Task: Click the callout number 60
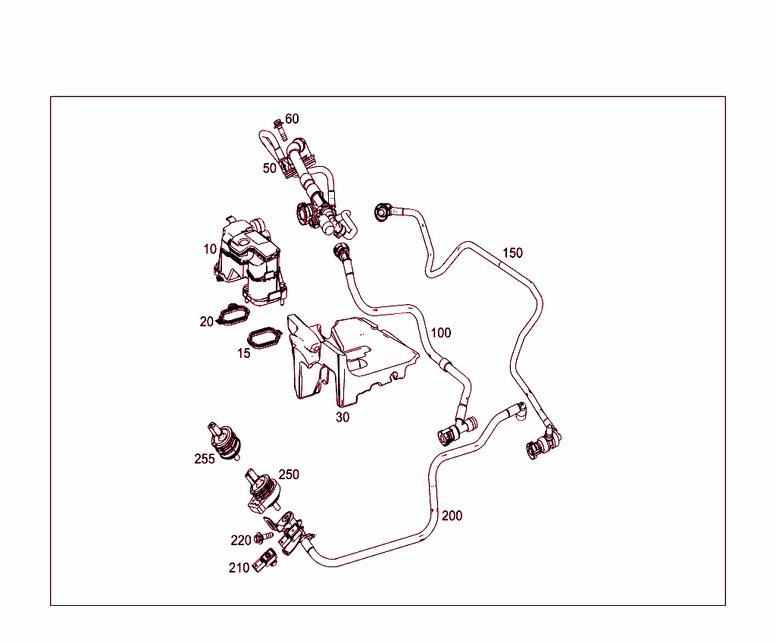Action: click(292, 119)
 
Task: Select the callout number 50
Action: click(270, 168)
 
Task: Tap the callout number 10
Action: click(210, 249)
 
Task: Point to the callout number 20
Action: click(207, 321)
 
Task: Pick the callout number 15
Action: click(243, 353)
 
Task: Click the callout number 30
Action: click(343, 417)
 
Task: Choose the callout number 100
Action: click(440, 333)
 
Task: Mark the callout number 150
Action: click(513, 252)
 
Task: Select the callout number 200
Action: click(452, 516)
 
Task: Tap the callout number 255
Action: click(205, 459)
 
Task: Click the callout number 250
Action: click(289, 475)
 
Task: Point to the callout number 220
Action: click(241, 541)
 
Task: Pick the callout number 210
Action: click(239, 568)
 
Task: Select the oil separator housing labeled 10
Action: click(250, 262)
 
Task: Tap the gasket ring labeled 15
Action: click(263, 338)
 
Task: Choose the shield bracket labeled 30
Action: click(349, 356)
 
